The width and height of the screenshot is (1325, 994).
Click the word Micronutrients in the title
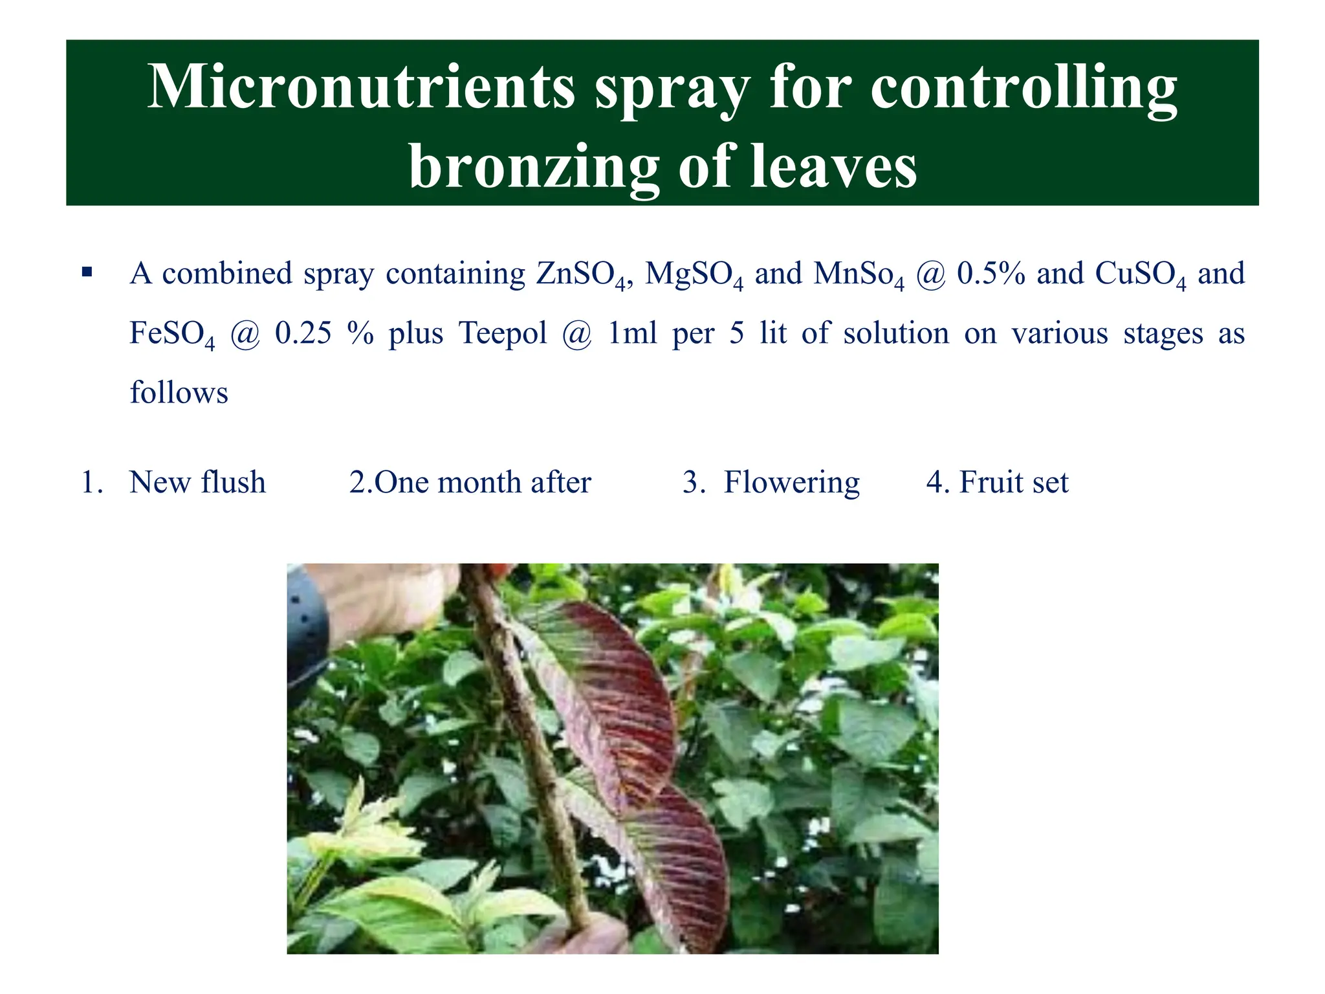pyautogui.click(x=361, y=87)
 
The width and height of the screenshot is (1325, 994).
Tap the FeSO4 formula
pyautogui.click(x=172, y=335)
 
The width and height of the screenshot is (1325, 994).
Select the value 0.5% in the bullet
pyautogui.click(x=991, y=274)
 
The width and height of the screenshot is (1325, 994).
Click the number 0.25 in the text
pyautogui.click(x=303, y=333)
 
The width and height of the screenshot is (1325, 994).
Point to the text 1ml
pyautogui.click(x=632, y=333)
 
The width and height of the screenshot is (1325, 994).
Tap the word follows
pyautogui.click(x=179, y=393)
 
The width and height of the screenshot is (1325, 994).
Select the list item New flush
pyautogui.click(x=197, y=483)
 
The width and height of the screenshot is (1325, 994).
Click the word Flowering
pyautogui.click(x=791, y=483)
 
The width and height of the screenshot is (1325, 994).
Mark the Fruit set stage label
pyautogui.click(x=1013, y=483)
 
